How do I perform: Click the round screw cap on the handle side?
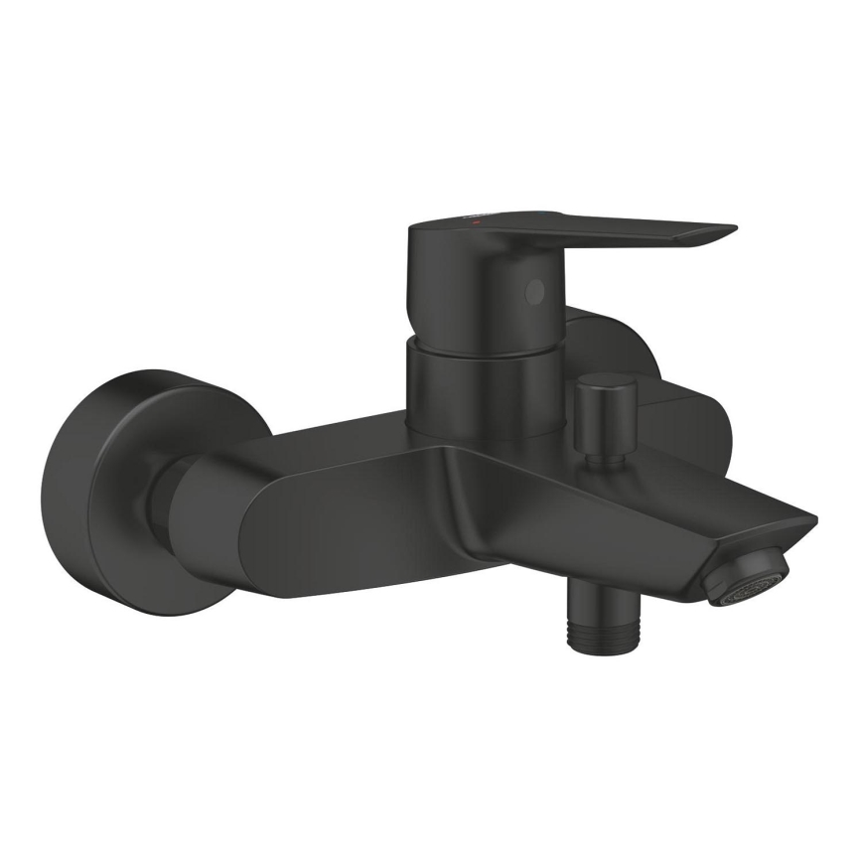[536, 290]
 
